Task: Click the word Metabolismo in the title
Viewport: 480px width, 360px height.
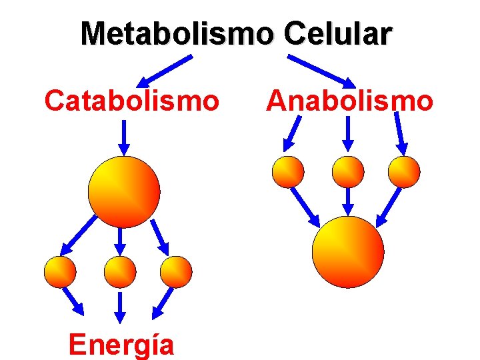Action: (177, 34)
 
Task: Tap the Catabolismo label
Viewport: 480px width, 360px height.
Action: (131, 101)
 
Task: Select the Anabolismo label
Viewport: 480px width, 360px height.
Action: (349, 101)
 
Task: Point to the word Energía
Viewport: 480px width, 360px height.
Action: (121, 345)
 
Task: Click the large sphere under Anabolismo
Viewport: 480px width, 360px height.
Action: (348, 252)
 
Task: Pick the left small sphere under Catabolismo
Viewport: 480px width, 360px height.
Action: (60, 272)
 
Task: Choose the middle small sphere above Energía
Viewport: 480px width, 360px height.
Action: (121, 272)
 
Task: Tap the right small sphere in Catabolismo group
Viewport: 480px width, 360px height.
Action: (177, 272)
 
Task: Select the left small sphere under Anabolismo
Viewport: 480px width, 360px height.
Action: (288, 172)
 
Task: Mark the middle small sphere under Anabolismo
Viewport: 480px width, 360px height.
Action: (348, 172)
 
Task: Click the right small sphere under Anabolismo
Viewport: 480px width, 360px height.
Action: (405, 172)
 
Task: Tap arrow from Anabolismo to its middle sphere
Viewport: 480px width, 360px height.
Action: (348, 133)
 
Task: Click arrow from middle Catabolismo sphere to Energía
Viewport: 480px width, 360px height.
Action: (121, 305)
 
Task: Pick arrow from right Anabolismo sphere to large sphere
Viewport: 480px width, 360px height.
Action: (390, 207)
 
